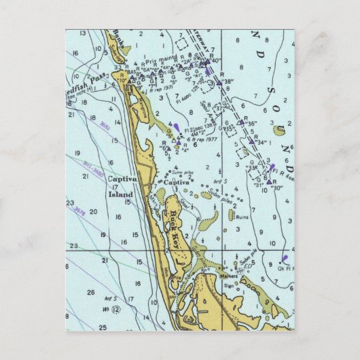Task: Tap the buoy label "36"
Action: tap(251, 124)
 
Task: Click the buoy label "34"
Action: tap(260, 143)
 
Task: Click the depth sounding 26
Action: tap(91, 292)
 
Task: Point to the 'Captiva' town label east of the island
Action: tap(175, 182)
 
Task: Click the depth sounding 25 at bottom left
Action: tap(103, 327)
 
